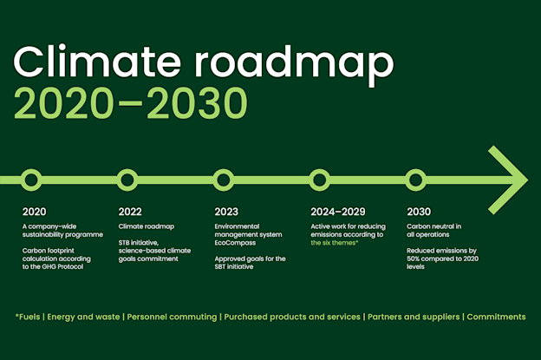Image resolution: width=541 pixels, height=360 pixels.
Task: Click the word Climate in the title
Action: (97, 61)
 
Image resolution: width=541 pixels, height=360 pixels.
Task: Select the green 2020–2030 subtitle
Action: (130, 103)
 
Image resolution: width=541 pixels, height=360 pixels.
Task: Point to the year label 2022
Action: (130, 212)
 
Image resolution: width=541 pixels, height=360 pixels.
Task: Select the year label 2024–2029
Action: (338, 212)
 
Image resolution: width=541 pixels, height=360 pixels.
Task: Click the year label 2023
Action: (226, 212)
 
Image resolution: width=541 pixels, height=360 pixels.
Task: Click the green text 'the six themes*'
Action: (335, 243)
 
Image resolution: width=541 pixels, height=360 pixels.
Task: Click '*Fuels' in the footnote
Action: (28, 317)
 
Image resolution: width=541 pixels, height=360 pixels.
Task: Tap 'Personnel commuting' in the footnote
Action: (172, 317)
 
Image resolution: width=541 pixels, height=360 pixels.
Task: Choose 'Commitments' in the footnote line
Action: (496, 317)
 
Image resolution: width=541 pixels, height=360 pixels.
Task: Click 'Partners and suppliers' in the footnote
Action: (414, 317)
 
